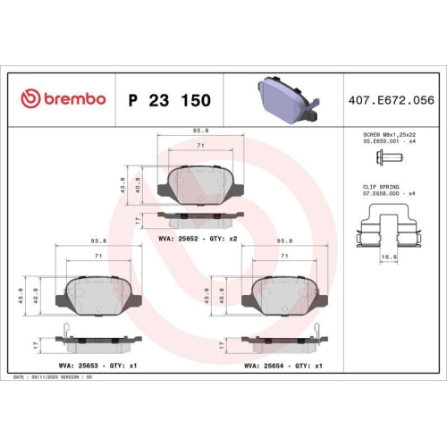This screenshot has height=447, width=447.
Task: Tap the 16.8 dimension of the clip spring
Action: click(x=387, y=257)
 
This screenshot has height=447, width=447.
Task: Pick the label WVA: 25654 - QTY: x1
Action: click(x=283, y=365)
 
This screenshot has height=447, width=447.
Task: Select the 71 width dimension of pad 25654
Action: click(x=284, y=256)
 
